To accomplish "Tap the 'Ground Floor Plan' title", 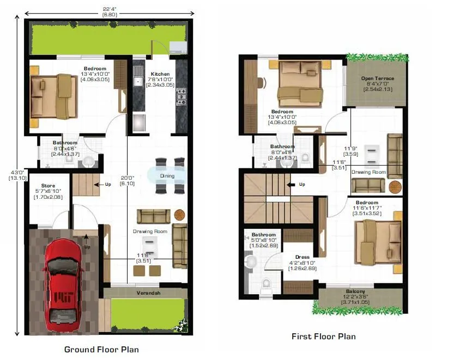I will pos(101,349).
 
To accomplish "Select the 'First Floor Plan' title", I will pos(323,336).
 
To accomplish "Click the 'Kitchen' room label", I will pos(160,74).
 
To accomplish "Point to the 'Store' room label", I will pos(48,186).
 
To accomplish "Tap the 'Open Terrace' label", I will pos(377,78).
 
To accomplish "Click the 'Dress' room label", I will pos(302,257).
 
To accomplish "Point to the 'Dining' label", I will pos(167,176).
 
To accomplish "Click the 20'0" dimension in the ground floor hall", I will pos(127,178).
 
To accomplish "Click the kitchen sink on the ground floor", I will pos(138,82).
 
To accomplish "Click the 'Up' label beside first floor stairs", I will pos(302,184).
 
